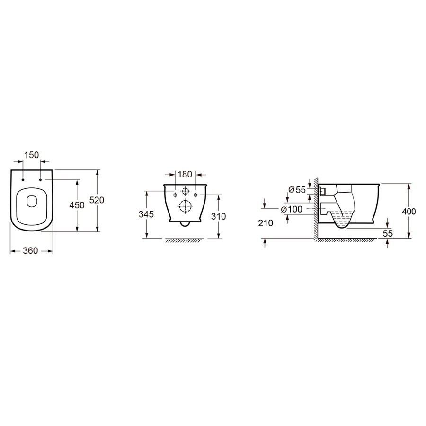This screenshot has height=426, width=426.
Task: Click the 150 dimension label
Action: [32, 155]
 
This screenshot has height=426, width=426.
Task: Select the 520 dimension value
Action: [97, 200]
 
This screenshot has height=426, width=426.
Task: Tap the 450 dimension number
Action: [77, 205]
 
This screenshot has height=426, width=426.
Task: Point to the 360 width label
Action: [30, 250]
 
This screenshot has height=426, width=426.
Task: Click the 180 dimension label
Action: [185, 174]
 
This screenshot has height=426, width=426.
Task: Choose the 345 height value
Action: [146, 214]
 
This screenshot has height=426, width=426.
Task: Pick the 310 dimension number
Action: [218, 216]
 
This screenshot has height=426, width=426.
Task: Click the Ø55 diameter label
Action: [297, 190]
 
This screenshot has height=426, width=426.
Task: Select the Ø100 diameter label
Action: [292, 209]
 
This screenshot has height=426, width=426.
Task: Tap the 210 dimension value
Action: [266, 223]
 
